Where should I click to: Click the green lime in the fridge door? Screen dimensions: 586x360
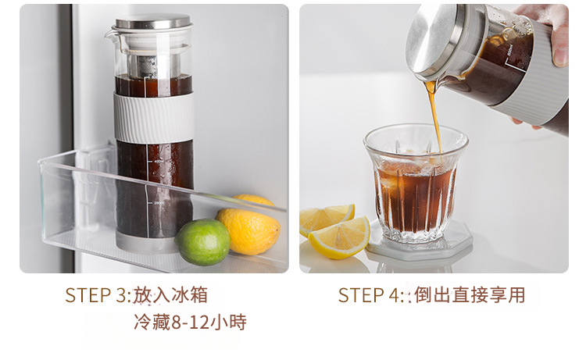pos(202,242)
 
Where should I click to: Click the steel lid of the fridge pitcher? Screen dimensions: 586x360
pos(153,21)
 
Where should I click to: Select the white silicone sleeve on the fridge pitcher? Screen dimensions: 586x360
pos(154,117)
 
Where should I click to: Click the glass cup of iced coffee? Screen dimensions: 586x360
pos(416,183)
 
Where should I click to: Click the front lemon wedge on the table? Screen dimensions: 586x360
pos(339,238)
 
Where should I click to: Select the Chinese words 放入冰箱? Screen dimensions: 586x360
pos(170,295)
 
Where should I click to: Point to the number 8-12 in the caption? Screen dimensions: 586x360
pos(190,323)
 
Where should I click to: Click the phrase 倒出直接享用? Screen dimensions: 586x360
pos(470,295)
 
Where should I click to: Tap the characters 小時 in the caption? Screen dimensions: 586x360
pos(228,323)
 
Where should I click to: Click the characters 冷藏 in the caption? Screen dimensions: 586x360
pos(152,323)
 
